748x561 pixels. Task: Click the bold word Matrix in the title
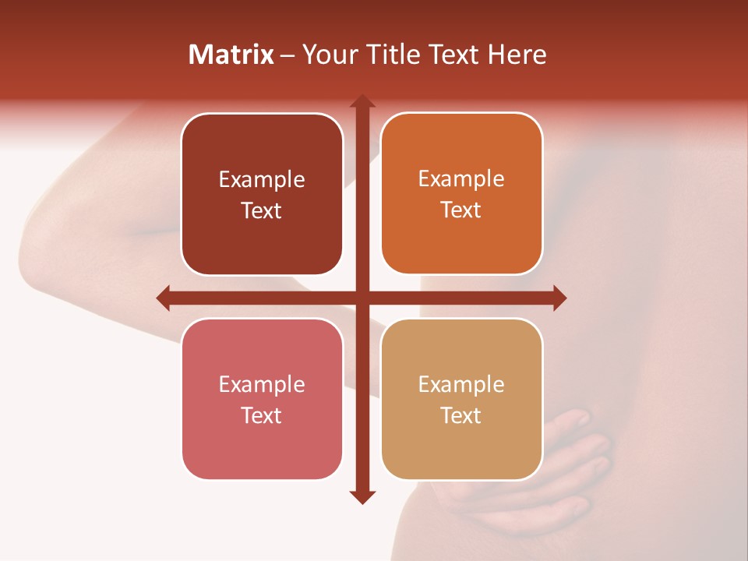[231, 55]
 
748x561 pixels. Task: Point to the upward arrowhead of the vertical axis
[362, 102]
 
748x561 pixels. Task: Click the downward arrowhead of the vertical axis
[362, 496]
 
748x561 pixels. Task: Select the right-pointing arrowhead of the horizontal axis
[559, 298]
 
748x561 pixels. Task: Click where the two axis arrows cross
[362, 298]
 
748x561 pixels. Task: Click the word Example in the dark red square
[262, 180]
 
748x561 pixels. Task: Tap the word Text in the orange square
[461, 210]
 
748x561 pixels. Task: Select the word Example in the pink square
[262, 385]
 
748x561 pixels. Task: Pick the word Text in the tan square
[461, 415]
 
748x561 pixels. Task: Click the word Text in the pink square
[262, 415]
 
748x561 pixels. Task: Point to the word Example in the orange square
[461, 179]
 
